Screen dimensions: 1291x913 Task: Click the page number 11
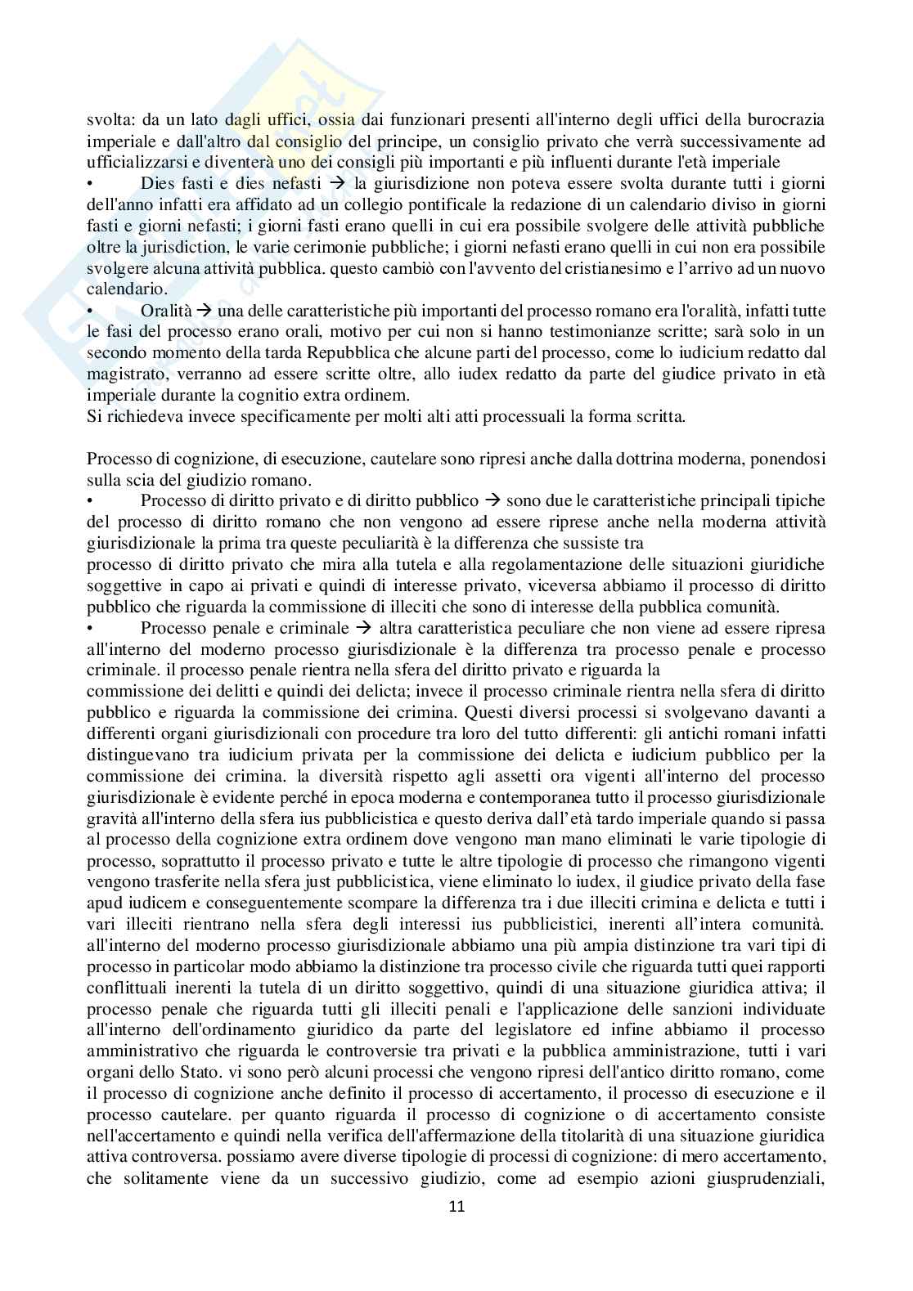(x=456, y=1206)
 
